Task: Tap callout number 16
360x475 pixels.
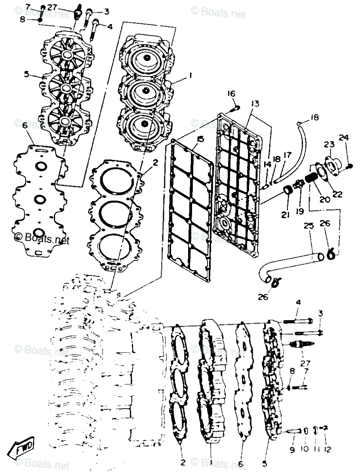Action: (231, 94)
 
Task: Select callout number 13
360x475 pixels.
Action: (255, 104)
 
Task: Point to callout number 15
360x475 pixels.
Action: (200, 139)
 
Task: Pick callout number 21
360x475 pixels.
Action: (286, 215)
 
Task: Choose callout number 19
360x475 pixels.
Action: (300, 211)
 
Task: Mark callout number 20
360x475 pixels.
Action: (325, 200)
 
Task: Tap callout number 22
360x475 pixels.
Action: (337, 194)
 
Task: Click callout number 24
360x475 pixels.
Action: (343, 138)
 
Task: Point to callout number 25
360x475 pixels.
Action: (309, 226)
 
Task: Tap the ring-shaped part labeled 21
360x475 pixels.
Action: (289, 192)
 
